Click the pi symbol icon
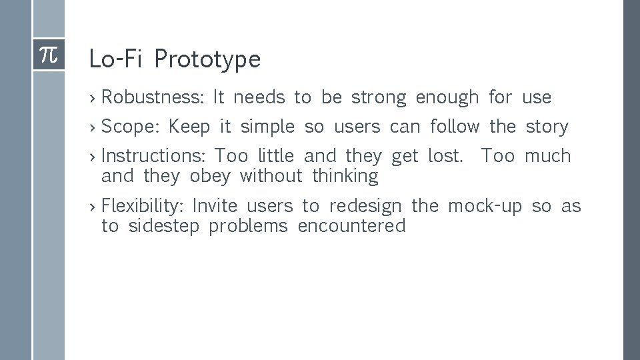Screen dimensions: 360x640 [x=49, y=55]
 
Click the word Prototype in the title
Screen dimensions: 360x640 [x=207, y=60]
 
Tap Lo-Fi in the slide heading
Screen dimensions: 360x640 [x=116, y=60]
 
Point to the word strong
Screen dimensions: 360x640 [x=378, y=98]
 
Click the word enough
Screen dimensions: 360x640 [x=447, y=98]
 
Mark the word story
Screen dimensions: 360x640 [x=547, y=127]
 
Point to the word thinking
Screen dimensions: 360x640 [x=345, y=177]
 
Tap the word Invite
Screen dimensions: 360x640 [x=214, y=206]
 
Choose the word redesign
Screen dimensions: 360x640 [x=365, y=206]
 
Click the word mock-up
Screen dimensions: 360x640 [x=485, y=206]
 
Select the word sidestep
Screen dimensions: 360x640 [x=163, y=227]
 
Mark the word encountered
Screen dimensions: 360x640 [x=351, y=227]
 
